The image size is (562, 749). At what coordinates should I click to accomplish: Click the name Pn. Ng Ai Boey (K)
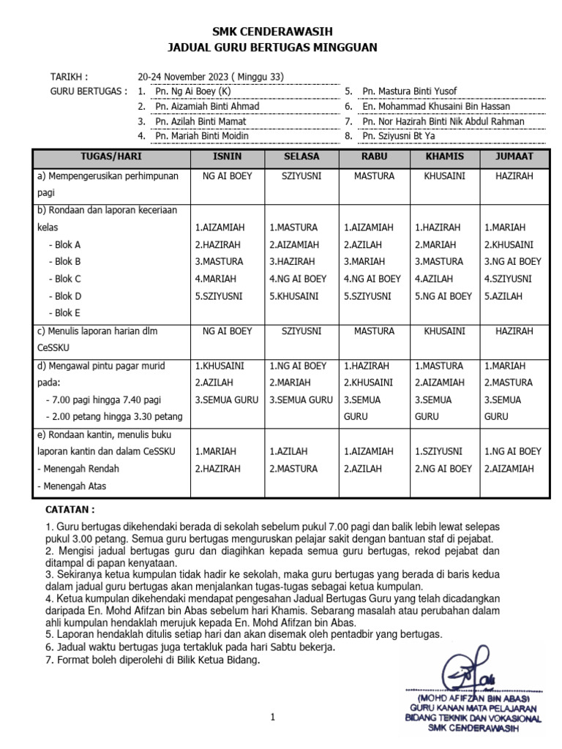pyautogui.click(x=193, y=91)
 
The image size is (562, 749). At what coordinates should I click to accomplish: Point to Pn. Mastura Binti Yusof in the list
pyautogui.click(x=410, y=91)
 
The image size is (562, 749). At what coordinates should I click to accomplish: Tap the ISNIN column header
pyautogui.click(x=227, y=157)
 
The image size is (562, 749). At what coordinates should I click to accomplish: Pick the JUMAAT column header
pyautogui.click(x=514, y=157)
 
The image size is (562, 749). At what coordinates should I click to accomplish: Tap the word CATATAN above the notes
pyautogui.click(x=70, y=509)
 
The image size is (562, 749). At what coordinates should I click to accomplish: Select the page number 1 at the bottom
pyautogui.click(x=272, y=718)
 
